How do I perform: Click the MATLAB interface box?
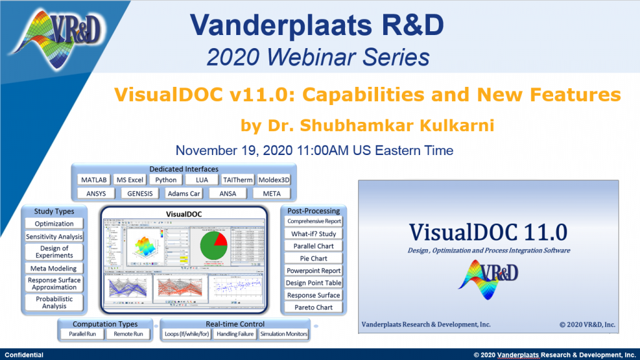[94, 180]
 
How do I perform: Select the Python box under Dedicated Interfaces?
[166, 180]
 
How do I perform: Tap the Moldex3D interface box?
[272, 180]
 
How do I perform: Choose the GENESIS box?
[139, 194]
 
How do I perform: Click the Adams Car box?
[184, 194]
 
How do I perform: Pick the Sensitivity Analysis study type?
[54, 237]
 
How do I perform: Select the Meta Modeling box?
[54, 269]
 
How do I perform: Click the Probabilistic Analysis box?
[54, 302]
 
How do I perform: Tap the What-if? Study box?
[314, 234]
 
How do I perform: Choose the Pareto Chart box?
[314, 307]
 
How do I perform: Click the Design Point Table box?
[314, 283]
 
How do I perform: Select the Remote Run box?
[128, 334]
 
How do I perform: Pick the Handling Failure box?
[234, 334]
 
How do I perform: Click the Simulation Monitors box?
[283, 334]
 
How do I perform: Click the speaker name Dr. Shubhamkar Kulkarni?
[367, 126]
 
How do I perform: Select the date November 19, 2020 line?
[314, 151]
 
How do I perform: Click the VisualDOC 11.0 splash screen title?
[488, 232]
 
